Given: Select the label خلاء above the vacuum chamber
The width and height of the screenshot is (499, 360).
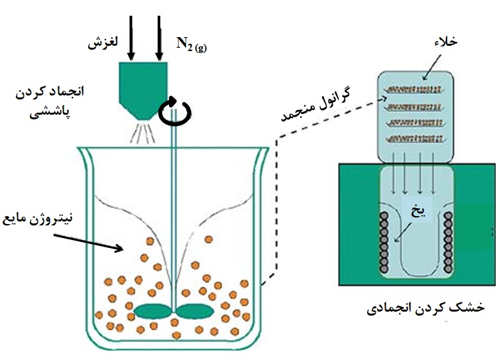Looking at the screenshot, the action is (445, 42).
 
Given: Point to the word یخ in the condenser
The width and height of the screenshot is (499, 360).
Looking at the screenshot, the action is (417, 210).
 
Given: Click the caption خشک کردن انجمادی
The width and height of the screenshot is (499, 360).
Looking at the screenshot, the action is (425, 308).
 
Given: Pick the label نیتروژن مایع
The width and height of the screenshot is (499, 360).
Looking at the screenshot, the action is (38, 219).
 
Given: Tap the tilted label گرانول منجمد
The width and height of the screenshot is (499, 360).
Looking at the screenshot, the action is (315, 104).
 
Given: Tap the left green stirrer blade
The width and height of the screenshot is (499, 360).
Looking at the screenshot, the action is (153, 312).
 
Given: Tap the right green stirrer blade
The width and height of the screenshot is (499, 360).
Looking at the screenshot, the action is (194, 312).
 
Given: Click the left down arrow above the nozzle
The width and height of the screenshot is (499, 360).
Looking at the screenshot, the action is (131, 38).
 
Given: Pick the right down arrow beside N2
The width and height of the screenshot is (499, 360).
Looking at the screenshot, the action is (159, 38).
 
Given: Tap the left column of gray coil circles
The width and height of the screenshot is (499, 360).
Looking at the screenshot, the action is (384, 243).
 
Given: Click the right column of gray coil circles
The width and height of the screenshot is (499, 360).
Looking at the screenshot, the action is (448, 243).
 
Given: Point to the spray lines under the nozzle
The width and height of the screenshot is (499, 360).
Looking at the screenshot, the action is (143, 133).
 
